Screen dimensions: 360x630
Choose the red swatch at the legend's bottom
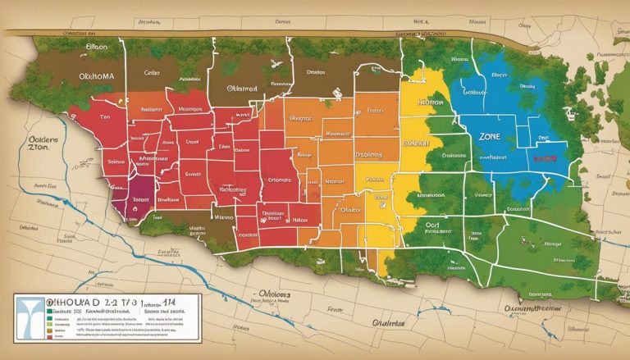click(x=49, y=335)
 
